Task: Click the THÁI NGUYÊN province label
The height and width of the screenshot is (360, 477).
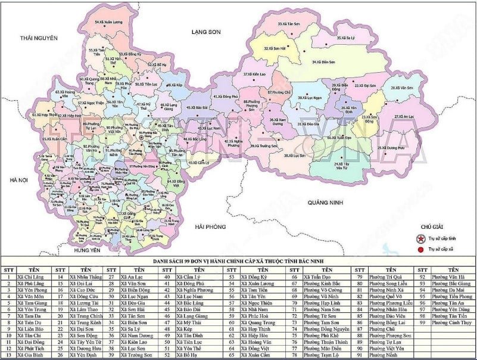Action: coord(39,38)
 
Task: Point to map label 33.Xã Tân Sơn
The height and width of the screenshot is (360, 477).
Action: coord(290,24)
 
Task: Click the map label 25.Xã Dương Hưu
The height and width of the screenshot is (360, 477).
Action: coord(392,147)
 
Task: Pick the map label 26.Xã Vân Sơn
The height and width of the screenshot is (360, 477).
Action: coord(402,88)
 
